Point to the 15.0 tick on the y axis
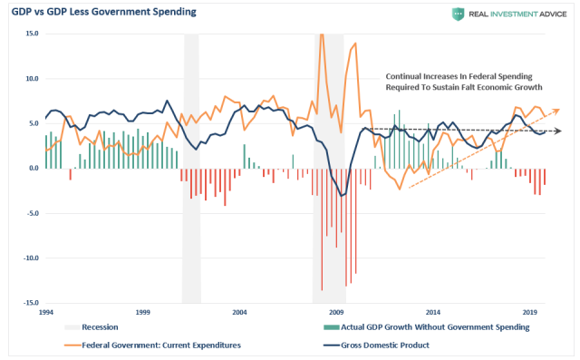pyautogui.click(x=31, y=34)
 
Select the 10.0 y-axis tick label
pyautogui.click(x=31, y=79)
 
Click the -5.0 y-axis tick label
pyautogui.click(x=31, y=214)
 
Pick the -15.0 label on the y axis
pyautogui.click(x=29, y=304)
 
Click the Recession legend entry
pyautogui.click(x=100, y=326)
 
